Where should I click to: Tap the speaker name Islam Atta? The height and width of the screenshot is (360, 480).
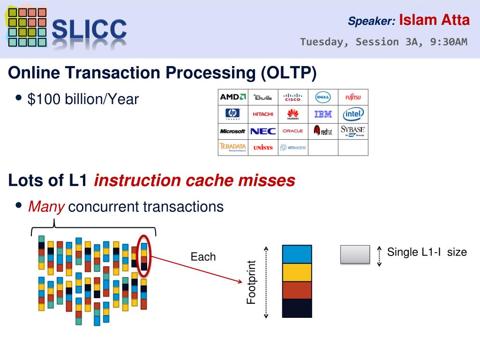click(x=434, y=20)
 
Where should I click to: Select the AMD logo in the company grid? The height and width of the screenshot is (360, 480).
click(x=233, y=97)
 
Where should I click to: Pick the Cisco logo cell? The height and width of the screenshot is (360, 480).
click(x=293, y=97)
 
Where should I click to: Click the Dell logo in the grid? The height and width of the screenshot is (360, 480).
click(x=323, y=97)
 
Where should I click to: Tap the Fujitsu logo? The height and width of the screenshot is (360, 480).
click(x=353, y=97)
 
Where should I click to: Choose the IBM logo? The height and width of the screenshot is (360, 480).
click(x=323, y=114)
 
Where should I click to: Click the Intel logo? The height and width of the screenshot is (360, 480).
click(x=353, y=114)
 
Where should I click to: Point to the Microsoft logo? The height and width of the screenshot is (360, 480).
click(x=233, y=131)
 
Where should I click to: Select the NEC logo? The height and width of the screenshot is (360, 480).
click(x=263, y=131)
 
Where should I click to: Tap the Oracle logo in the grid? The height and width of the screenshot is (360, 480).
click(x=293, y=131)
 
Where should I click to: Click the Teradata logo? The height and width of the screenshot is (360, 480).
click(x=233, y=148)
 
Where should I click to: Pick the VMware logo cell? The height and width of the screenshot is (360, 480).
click(x=293, y=148)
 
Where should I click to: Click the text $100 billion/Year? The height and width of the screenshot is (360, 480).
click(x=83, y=99)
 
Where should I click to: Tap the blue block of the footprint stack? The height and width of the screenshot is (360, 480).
click(x=297, y=254)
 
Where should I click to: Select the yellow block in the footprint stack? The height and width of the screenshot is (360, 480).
click(x=297, y=272)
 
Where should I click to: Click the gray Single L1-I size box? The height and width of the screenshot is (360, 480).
click(x=355, y=254)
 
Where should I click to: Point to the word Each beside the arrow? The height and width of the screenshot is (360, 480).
click(x=203, y=257)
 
